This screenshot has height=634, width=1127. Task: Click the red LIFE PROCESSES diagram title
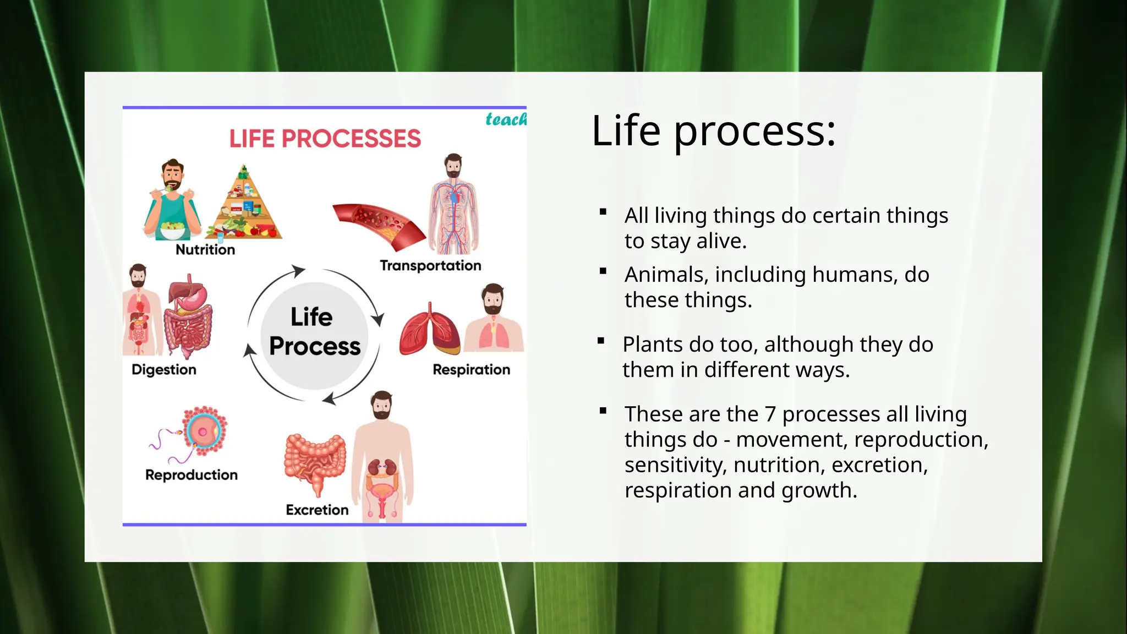click(325, 139)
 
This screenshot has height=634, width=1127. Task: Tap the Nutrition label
click(205, 250)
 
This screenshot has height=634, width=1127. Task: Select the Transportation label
click(430, 266)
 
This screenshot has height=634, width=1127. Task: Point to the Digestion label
click(163, 370)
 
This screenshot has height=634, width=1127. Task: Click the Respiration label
click(471, 370)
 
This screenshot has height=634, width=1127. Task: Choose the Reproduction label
click(191, 475)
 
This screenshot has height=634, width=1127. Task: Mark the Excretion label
click(317, 510)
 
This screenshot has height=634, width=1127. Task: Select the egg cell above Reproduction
click(204, 431)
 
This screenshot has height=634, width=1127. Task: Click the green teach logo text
click(505, 119)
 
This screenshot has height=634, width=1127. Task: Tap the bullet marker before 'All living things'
click(603, 212)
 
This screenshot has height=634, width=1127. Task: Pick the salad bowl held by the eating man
click(172, 230)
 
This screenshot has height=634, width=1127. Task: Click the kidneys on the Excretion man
click(382, 468)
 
